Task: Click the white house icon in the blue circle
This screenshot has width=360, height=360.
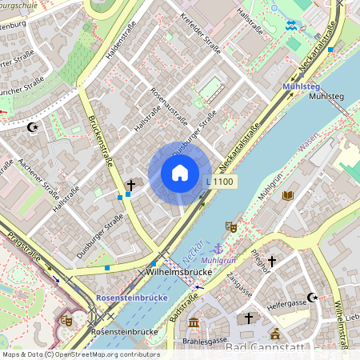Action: (x=180, y=173)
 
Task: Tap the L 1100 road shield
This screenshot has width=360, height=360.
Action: (x=220, y=182)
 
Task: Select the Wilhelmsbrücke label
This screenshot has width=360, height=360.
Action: (x=178, y=273)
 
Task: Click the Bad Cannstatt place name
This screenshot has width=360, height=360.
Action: (x=264, y=348)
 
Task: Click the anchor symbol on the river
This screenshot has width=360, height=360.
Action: (x=216, y=248)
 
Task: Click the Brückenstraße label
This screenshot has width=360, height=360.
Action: (x=104, y=152)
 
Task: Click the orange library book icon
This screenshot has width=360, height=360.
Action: (x=288, y=195)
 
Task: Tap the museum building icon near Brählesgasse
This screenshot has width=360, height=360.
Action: (x=194, y=322)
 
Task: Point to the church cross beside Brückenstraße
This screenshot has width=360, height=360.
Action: (x=130, y=185)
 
